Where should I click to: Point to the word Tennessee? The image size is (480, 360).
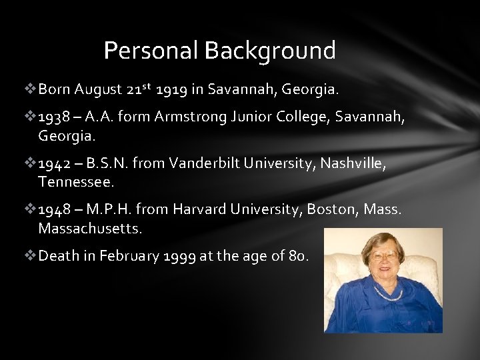77,181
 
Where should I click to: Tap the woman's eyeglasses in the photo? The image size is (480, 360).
385,255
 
